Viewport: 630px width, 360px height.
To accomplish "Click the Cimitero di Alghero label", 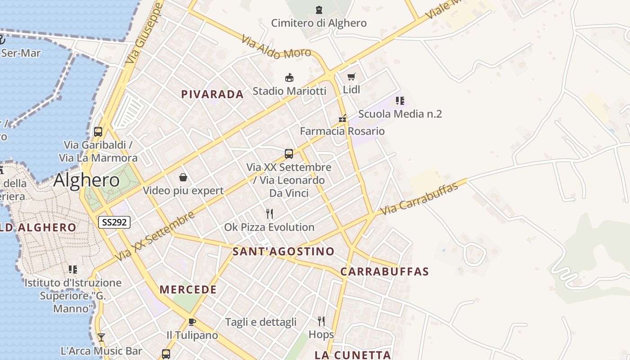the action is [319, 23].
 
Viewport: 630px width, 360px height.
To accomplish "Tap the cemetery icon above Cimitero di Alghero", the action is [319, 9].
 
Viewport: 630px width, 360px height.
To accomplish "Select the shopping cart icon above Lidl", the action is [351, 77].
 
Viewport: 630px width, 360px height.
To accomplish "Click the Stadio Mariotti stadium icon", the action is [289, 78].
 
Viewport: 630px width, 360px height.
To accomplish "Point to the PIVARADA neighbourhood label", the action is [212, 94].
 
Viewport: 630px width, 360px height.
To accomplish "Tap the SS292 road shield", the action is [114, 222].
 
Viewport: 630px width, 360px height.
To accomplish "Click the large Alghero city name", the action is [86, 180].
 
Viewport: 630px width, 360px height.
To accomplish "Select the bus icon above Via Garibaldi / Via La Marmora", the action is [98, 132].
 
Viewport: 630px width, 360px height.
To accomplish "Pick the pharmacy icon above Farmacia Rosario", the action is [343, 119].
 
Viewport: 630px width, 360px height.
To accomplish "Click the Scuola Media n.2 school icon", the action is [400, 101].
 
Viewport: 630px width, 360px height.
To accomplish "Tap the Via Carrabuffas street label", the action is [419, 198].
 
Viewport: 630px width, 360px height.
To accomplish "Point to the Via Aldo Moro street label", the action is [276, 47].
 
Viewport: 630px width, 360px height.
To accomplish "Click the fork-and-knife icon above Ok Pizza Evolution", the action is [270, 213].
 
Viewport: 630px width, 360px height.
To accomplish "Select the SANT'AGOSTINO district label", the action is [283, 252].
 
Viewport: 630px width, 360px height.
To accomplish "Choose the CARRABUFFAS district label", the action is [384, 272].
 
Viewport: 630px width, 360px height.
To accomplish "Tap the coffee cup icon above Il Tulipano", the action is [192, 322].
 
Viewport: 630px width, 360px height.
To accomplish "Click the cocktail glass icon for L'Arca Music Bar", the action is [101, 337].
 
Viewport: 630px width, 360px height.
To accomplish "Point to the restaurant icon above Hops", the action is [321, 321].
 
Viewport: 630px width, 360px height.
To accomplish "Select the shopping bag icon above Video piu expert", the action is [183, 177].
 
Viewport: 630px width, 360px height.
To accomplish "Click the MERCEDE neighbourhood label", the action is [188, 290].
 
